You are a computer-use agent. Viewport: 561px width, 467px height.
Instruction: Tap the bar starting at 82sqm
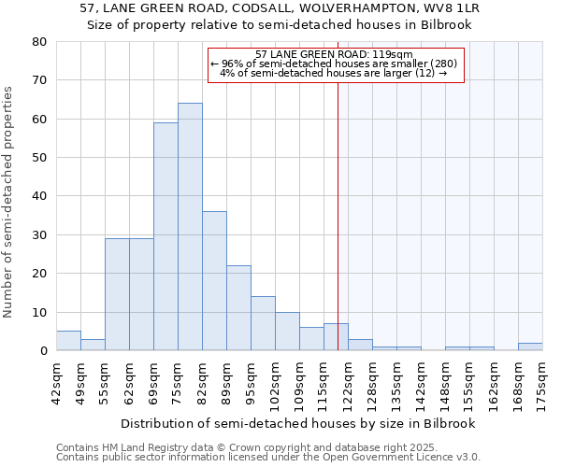pyautogui.click(x=214, y=280)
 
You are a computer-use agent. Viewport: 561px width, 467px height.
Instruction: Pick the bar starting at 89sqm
pyautogui.click(x=238, y=307)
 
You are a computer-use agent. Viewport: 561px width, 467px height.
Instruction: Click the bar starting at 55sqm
pyautogui.click(x=117, y=294)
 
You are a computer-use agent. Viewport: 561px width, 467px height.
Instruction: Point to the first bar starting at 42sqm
pyautogui.click(x=68, y=341)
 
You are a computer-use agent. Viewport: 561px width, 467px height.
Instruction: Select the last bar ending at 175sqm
pyautogui.click(x=530, y=347)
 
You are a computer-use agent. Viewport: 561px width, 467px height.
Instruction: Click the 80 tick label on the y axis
pyautogui.click(x=39, y=42)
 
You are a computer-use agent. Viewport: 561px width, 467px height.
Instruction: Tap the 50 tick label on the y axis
pyautogui.click(x=39, y=158)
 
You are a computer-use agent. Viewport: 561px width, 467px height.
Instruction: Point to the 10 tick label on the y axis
pyautogui.click(x=39, y=312)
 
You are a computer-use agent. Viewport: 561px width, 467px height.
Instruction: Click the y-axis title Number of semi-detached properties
pyautogui.click(x=9, y=202)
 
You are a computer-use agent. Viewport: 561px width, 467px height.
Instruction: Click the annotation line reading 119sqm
pyautogui.click(x=334, y=54)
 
